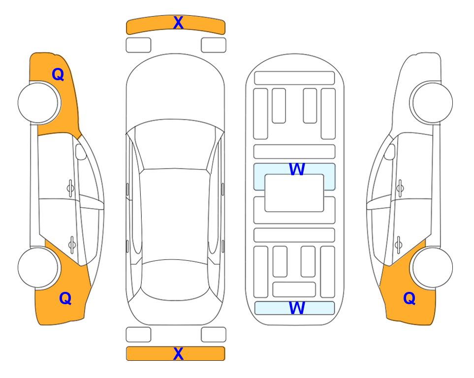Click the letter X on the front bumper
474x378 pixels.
point(178,22)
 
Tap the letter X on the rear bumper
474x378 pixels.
point(178,353)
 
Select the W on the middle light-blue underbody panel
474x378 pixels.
point(297,169)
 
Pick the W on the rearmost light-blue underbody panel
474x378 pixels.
point(297,308)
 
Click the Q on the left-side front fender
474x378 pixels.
point(58,74)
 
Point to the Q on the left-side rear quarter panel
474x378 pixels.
point(65,298)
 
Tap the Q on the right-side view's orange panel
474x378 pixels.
point(410,298)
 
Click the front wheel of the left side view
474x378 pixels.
point(39,103)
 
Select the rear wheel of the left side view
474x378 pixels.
point(38,267)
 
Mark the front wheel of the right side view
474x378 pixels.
point(432,102)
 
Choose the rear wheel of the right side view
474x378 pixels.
point(432,267)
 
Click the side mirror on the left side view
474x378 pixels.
point(81,152)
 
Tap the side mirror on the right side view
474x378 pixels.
point(390,152)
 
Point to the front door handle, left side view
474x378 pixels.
point(70,188)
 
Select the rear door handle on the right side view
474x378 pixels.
point(399,245)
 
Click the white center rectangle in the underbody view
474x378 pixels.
point(294,193)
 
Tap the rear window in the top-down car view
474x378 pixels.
point(174,280)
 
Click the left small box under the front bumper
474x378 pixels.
point(138,45)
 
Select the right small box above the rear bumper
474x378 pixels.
point(214,335)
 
